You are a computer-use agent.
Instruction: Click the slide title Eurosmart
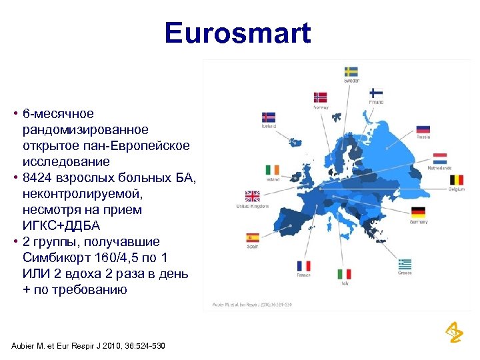[x=238, y=33]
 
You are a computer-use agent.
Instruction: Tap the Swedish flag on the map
[x=351, y=71]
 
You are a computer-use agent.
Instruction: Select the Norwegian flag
[x=321, y=97]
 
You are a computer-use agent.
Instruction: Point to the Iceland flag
[x=269, y=117]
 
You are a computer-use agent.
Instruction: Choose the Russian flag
[x=423, y=129]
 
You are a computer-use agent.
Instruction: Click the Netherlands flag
[x=440, y=159]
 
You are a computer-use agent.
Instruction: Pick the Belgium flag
[x=457, y=180]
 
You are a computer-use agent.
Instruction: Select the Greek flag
[x=405, y=263]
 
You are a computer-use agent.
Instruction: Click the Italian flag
[x=344, y=274]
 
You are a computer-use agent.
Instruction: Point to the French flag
[x=303, y=266]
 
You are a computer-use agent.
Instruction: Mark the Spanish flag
[x=253, y=237]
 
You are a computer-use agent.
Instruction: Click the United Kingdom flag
[x=252, y=196]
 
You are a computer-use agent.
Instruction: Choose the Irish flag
[x=272, y=170]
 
